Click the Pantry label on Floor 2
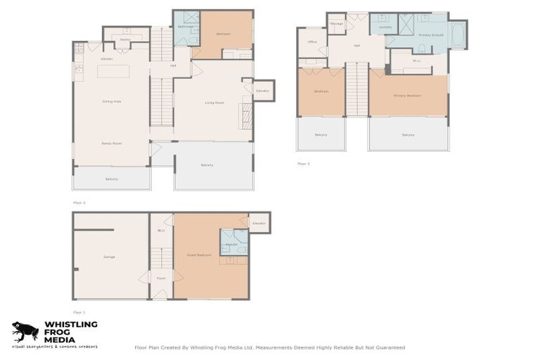click(x=124, y=40)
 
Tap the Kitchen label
click(x=107, y=59)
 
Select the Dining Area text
click(x=112, y=102)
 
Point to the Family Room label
click(x=112, y=143)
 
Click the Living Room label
click(x=214, y=103)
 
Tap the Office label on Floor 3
click(x=312, y=42)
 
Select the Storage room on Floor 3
click(x=337, y=23)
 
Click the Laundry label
click(x=385, y=27)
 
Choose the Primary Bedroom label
click(x=407, y=96)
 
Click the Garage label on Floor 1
click(x=109, y=257)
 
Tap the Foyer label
click(x=161, y=278)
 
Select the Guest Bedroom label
click(x=200, y=255)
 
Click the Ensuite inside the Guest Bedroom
click(x=232, y=243)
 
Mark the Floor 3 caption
click(x=303, y=163)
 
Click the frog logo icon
click(x=25, y=331)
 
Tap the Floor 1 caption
click(x=79, y=311)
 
